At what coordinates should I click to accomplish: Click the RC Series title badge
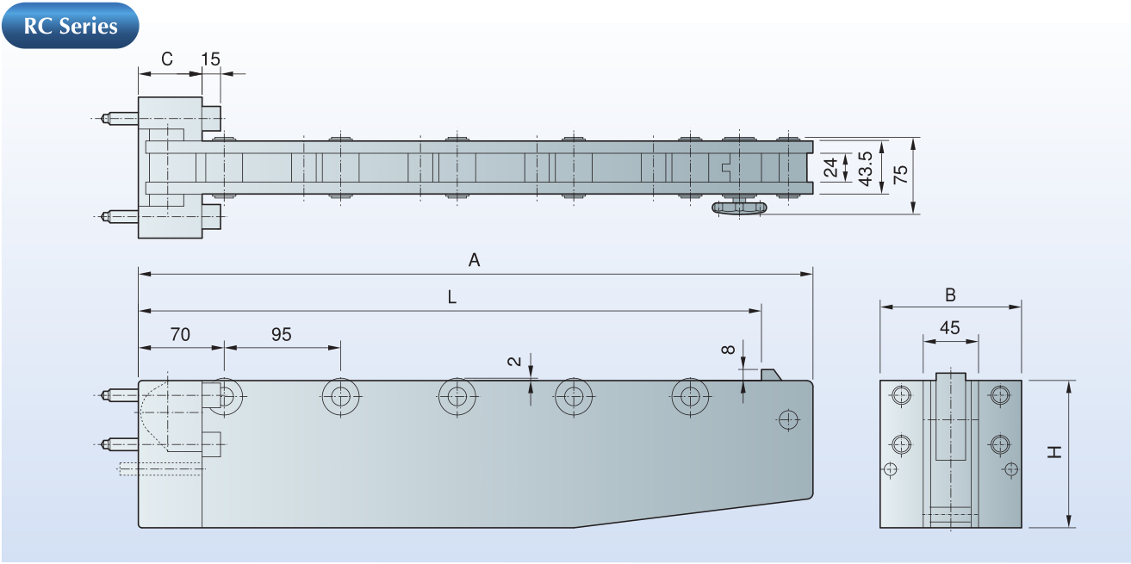[x=71, y=26]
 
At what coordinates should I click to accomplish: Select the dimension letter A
[x=474, y=260]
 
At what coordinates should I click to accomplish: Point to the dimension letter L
[x=451, y=297]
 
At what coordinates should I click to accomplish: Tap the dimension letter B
[x=950, y=294]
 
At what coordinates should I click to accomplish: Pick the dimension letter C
[x=167, y=59]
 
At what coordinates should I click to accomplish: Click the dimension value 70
[x=180, y=334]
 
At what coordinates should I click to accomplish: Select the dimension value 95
[x=282, y=334]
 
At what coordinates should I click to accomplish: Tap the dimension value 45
[x=950, y=327]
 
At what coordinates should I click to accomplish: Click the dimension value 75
[x=899, y=174]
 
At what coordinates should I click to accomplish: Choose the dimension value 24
[x=831, y=167]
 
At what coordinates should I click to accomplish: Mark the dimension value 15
[x=211, y=59]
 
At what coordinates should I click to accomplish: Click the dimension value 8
[x=729, y=349]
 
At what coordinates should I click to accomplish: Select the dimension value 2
[x=515, y=362]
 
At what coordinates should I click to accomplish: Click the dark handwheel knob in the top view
[x=741, y=208]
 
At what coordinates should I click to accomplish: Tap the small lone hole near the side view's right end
[x=786, y=419]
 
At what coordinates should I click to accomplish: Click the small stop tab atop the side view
[x=770, y=374]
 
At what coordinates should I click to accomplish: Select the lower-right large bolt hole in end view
[x=999, y=444]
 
